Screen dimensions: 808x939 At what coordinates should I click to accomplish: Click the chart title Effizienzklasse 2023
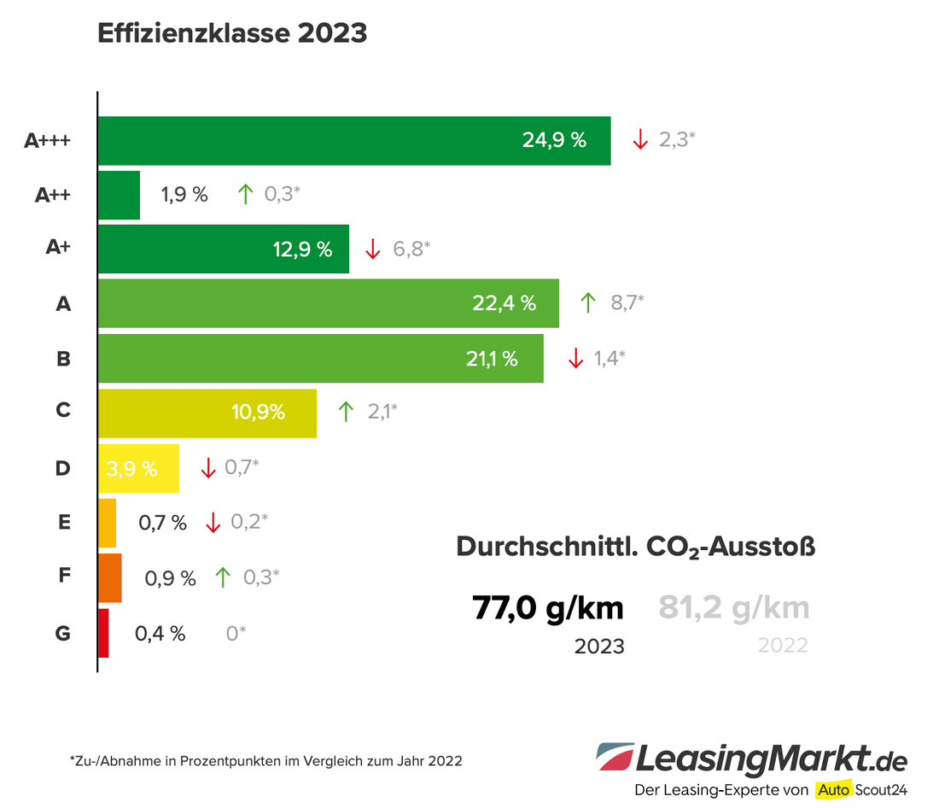tap(232, 33)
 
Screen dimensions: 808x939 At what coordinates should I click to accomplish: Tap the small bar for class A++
tap(119, 195)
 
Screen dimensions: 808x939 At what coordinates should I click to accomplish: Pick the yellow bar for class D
tap(138, 468)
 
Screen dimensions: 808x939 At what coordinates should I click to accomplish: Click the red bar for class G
tap(103, 633)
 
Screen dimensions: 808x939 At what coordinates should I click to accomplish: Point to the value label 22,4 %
tap(504, 303)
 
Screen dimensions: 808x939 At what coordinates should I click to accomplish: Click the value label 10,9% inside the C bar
tap(258, 413)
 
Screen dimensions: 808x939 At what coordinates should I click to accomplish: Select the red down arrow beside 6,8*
tap(372, 249)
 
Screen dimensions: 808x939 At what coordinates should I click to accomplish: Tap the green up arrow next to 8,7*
tap(587, 302)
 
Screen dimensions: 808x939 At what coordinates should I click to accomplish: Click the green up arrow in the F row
tap(223, 577)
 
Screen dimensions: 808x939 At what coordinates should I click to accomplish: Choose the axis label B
tap(63, 359)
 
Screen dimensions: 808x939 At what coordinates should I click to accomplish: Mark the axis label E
tap(64, 523)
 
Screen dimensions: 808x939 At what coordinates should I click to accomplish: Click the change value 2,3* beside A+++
tap(677, 139)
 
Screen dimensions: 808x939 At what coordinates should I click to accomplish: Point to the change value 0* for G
tap(236, 633)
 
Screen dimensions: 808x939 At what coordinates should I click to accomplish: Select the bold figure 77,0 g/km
tap(547, 608)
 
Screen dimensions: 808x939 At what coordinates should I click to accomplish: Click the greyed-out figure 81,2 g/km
tap(733, 608)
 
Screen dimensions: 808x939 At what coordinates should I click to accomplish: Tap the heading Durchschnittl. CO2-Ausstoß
tap(635, 547)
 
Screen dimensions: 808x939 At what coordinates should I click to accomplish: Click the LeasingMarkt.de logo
tap(752, 758)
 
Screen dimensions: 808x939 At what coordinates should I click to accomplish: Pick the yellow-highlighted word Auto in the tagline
tap(833, 789)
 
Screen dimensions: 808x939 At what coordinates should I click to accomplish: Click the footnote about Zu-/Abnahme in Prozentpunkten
tap(265, 760)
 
